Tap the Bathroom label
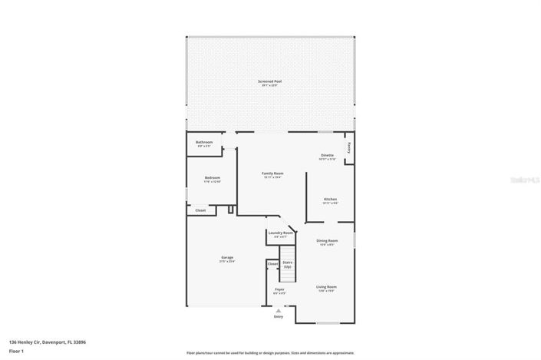point(204,142)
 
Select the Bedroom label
point(213,177)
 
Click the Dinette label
point(327,155)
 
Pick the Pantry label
point(349,145)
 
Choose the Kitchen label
point(330,200)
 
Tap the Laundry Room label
point(280,233)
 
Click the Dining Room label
point(327,241)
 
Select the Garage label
point(227,257)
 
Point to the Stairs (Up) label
point(288,264)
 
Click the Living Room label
point(327,287)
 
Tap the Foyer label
point(279,289)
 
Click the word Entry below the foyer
point(279,316)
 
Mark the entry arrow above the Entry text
point(279,309)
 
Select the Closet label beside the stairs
point(272,263)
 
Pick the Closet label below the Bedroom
point(200,210)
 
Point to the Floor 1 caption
point(17,352)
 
